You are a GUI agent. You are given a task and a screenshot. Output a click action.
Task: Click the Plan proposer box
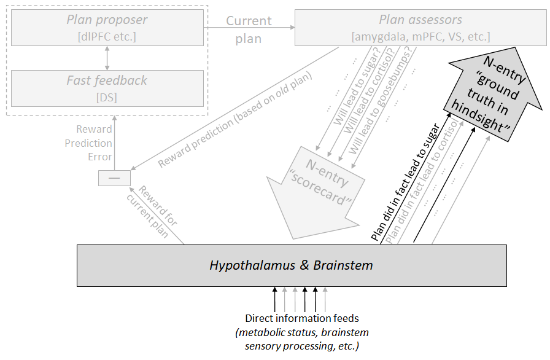click(107, 27)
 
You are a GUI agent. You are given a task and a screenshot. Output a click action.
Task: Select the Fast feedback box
click(107, 88)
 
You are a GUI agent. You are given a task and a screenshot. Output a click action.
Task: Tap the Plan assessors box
click(420, 27)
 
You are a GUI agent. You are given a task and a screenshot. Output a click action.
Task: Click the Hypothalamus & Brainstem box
click(291, 265)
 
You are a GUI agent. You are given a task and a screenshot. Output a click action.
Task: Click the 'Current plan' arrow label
click(249, 29)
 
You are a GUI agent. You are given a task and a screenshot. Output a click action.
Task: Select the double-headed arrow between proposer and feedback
click(107, 58)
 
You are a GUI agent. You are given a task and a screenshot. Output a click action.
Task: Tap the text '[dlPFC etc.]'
click(107, 36)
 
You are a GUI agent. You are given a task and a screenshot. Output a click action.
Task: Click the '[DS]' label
click(107, 97)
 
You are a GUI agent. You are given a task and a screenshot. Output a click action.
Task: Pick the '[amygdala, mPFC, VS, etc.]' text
click(420, 36)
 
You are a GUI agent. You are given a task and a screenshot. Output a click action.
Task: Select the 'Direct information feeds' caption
click(301, 318)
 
